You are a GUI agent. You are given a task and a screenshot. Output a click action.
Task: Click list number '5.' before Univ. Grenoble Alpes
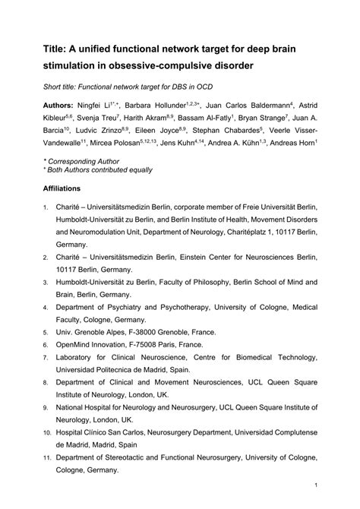[46, 332]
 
